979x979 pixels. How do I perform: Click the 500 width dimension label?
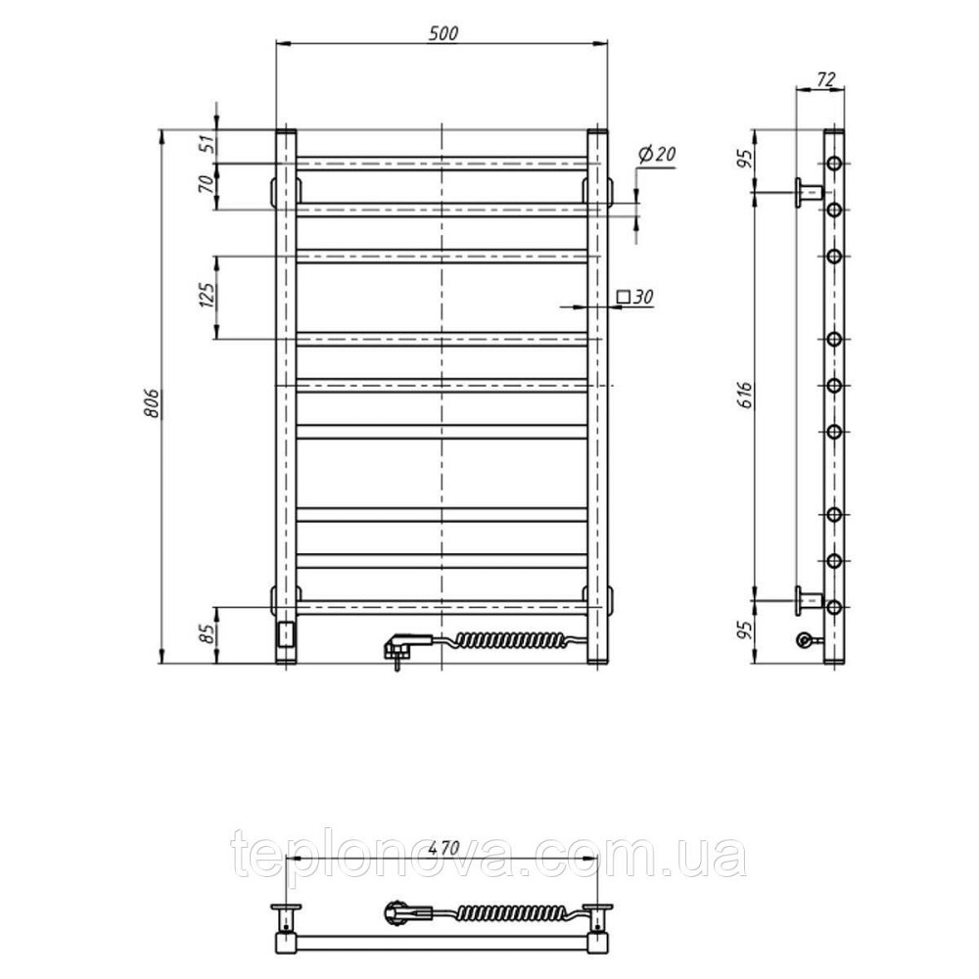[x=443, y=33]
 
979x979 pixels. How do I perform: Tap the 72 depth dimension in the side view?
[x=825, y=79]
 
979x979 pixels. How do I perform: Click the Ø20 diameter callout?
[x=658, y=154]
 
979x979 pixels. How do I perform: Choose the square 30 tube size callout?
[x=635, y=297]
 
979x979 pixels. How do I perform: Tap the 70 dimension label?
[x=207, y=184]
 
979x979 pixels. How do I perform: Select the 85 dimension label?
[x=208, y=634]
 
